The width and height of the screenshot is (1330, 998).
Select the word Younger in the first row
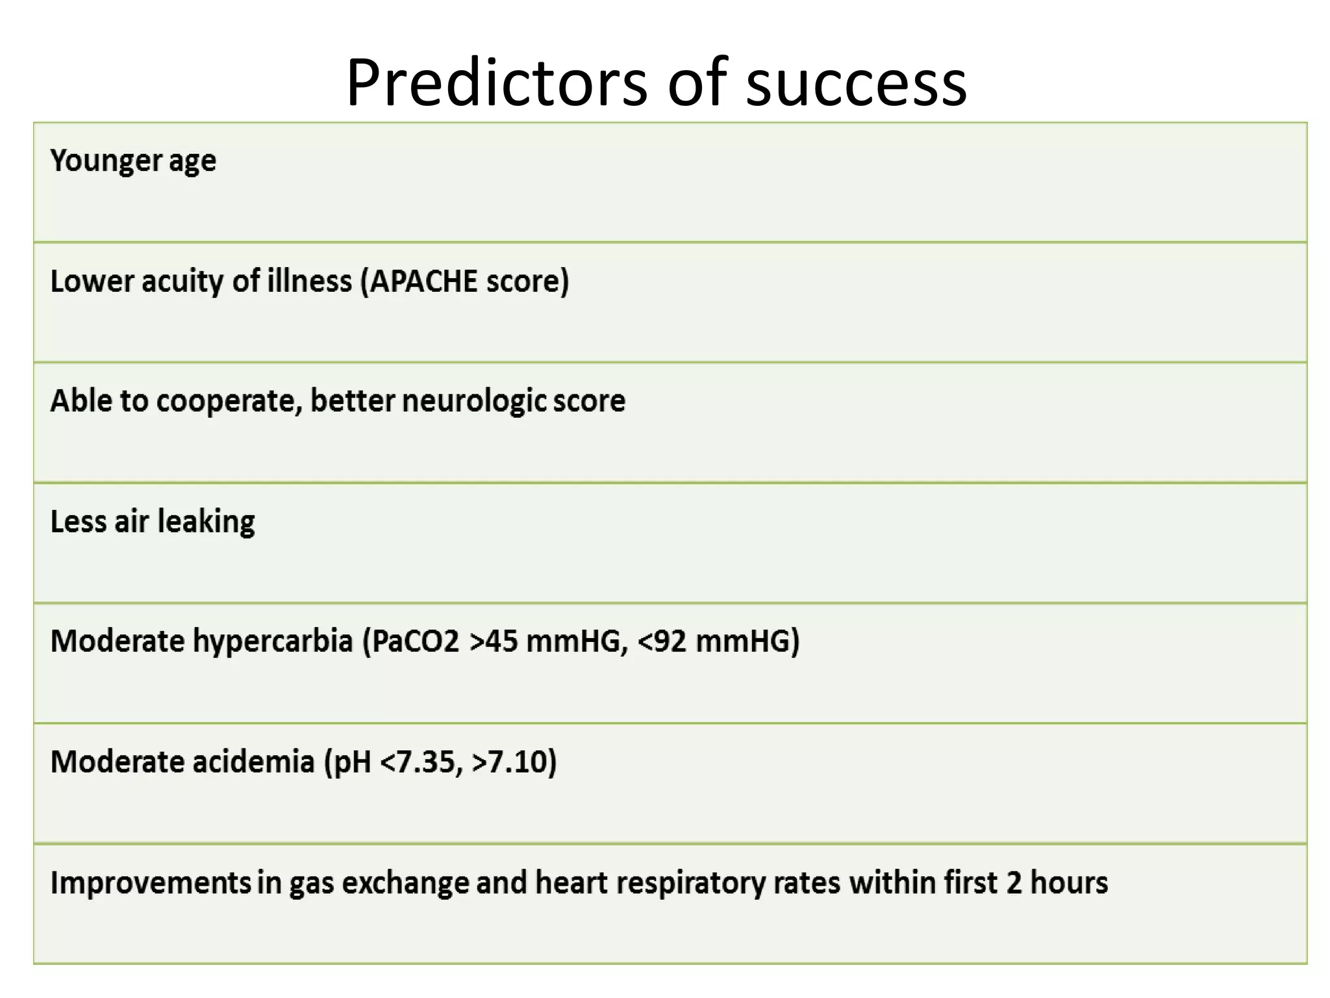click(106, 160)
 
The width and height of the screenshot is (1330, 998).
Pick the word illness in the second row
click(310, 281)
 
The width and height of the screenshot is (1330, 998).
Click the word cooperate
click(229, 401)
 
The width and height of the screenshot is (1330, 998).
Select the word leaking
click(206, 521)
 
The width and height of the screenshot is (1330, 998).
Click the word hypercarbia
click(273, 641)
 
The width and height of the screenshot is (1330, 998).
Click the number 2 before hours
click(1014, 882)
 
